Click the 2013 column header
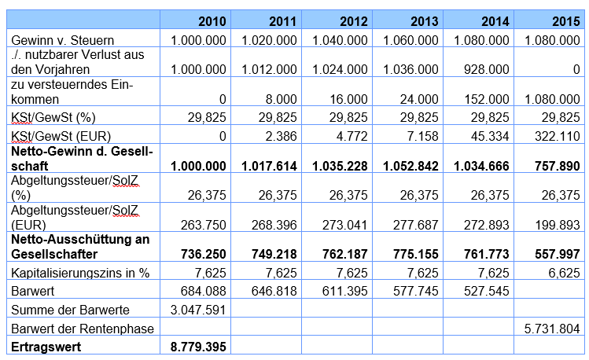click(424, 21)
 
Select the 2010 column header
click(212, 21)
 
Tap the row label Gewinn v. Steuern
click(62, 40)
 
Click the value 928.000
click(487, 69)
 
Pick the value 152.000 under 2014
click(487, 99)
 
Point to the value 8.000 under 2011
click(281, 99)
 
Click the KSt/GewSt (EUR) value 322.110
click(558, 136)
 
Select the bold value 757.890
click(558, 166)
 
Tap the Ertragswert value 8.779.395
click(198, 347)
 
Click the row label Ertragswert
click(46, 347)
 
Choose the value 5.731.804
click(552, 329)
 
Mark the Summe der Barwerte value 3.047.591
click(198, 310)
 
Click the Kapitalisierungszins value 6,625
click(564, 273)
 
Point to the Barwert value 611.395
click(345, 291)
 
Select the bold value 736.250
click(204, 254)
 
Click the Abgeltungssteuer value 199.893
click(558, 225)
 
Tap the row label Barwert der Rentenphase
click(83, 329)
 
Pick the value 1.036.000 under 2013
click(410, 69)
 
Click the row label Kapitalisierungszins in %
click(80, 273)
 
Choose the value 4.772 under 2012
click(352, 136)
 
